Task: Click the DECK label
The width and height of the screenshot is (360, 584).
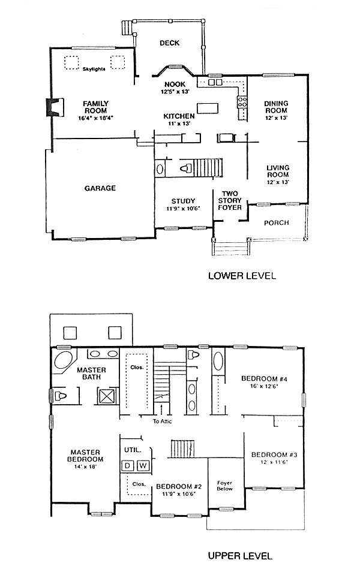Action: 170,43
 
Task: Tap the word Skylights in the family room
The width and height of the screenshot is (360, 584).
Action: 94,69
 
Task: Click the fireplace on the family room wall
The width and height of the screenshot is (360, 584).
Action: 55,107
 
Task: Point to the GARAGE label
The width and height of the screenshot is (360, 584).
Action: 100,188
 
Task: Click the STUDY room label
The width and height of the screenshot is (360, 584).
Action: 184,201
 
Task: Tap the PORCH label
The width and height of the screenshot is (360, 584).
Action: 276,222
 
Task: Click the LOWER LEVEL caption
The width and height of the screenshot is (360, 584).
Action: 242,276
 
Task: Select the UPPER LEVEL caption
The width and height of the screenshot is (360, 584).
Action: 240,556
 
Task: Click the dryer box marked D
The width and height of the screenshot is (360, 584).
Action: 127,465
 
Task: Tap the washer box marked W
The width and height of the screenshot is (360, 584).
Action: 143,465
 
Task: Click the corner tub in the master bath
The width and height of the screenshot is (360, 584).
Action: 64,360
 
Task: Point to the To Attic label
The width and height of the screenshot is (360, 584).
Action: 163,422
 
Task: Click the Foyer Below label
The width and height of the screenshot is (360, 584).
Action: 225,486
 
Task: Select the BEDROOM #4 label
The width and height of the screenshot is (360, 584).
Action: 264,379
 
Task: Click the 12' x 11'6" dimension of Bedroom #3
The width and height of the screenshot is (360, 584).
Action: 274,462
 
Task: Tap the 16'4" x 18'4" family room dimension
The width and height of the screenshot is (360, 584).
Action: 96,118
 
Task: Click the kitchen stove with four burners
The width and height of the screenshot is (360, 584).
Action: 242,102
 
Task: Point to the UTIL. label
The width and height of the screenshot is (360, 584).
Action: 133,450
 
